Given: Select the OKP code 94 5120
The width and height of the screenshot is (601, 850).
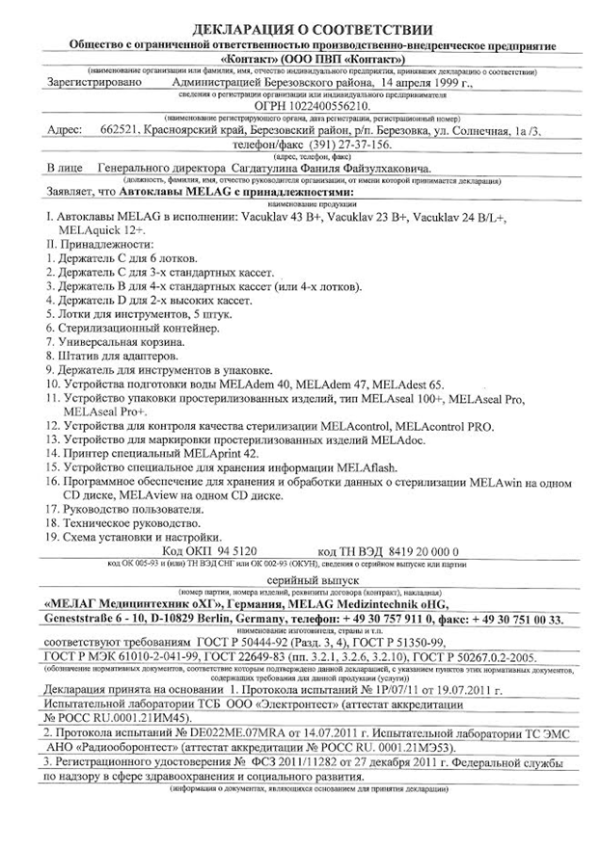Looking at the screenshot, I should pyautogui.click(x=232, y=545).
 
